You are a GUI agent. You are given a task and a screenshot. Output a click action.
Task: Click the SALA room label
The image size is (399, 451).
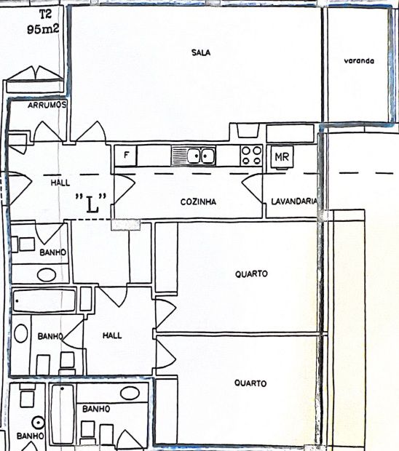coord(201,52)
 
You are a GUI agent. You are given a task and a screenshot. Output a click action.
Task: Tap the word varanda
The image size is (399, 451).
coord(359,61)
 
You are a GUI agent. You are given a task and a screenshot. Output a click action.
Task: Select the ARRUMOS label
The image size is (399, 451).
coord(47,105)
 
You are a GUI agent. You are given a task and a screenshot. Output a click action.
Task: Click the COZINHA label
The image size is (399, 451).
coord(198,201)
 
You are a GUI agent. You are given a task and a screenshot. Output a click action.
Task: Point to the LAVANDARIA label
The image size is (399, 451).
coord(294,201)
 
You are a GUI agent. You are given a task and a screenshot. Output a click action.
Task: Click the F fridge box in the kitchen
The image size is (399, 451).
coord(126,156)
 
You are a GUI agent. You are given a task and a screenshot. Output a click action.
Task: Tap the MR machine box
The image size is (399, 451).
coord(282,156)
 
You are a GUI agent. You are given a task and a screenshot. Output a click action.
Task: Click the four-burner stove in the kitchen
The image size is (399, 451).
coord(251,156)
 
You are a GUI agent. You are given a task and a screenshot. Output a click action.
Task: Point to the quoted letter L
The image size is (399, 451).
coord(91,204)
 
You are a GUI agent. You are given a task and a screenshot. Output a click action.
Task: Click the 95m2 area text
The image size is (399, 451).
coord(43,29)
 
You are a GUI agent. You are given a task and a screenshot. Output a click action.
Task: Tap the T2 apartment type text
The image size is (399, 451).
coord(45,14)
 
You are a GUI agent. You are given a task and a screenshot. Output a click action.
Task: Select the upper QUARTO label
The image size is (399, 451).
coord(251,274)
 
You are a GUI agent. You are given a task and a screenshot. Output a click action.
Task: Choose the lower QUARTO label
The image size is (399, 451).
coord(250,383)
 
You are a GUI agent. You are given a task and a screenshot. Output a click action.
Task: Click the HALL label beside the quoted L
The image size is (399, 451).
coord(60,183)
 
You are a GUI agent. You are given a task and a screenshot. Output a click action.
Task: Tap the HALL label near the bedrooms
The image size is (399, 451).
coord(112,335)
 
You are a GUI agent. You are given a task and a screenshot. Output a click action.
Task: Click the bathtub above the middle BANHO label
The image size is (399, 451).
coord(44,301)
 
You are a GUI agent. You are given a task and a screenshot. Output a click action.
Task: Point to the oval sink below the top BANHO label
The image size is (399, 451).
coord(47,275)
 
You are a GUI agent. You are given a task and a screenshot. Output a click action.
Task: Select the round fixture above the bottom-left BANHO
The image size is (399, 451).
coord(39,423)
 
